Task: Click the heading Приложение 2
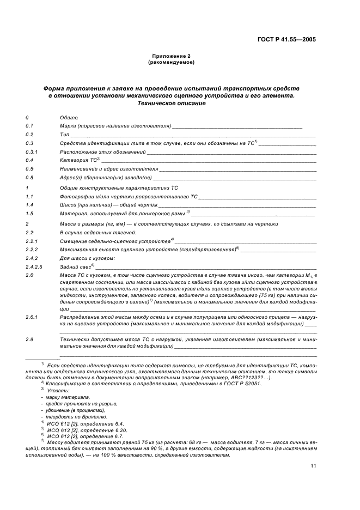click(171, 56)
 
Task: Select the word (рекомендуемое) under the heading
click(171, 62)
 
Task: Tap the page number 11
click(313, 465)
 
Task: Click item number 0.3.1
click(32, 151)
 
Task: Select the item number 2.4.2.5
click(34, 266)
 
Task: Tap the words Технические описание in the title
click(171, 103)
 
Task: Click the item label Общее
click(69, 117)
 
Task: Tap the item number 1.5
click(30, 214)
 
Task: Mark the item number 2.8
click(30, 339)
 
